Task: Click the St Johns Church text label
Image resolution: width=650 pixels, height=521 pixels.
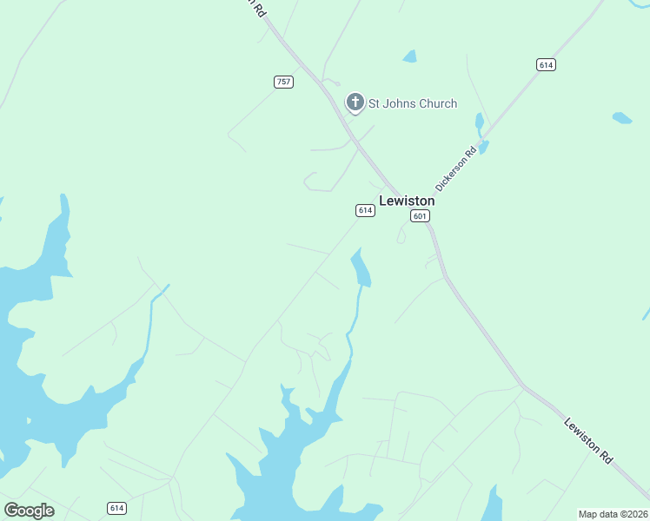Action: click(x=413, y=104)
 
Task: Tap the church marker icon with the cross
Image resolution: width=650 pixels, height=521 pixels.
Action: click(x=355, y=102)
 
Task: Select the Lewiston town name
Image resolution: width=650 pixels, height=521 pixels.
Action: click(x=407, y=201)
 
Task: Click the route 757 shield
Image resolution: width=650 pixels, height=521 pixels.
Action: click(x=283, y=82)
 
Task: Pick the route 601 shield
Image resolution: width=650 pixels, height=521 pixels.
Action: click(x=421, y=216)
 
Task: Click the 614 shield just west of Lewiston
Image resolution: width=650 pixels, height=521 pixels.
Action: click(x=365, y=210)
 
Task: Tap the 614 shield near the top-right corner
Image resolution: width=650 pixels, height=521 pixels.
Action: click(x=546, y=65)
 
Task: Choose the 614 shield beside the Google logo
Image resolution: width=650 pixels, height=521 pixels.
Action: click(x=116, y=507)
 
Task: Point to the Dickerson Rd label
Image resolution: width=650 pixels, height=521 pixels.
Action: click(x=456, y=169)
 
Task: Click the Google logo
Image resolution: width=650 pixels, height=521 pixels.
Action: click(x=29, y=511)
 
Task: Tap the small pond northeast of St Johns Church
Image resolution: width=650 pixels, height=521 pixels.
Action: click(x=409, y=56)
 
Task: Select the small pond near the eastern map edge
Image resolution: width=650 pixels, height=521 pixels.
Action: click(x=621, y=117)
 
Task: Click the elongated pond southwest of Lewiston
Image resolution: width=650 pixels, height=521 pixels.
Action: click(x=360, y=267)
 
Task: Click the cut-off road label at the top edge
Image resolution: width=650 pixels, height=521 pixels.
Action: click(x=255, y=7)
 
